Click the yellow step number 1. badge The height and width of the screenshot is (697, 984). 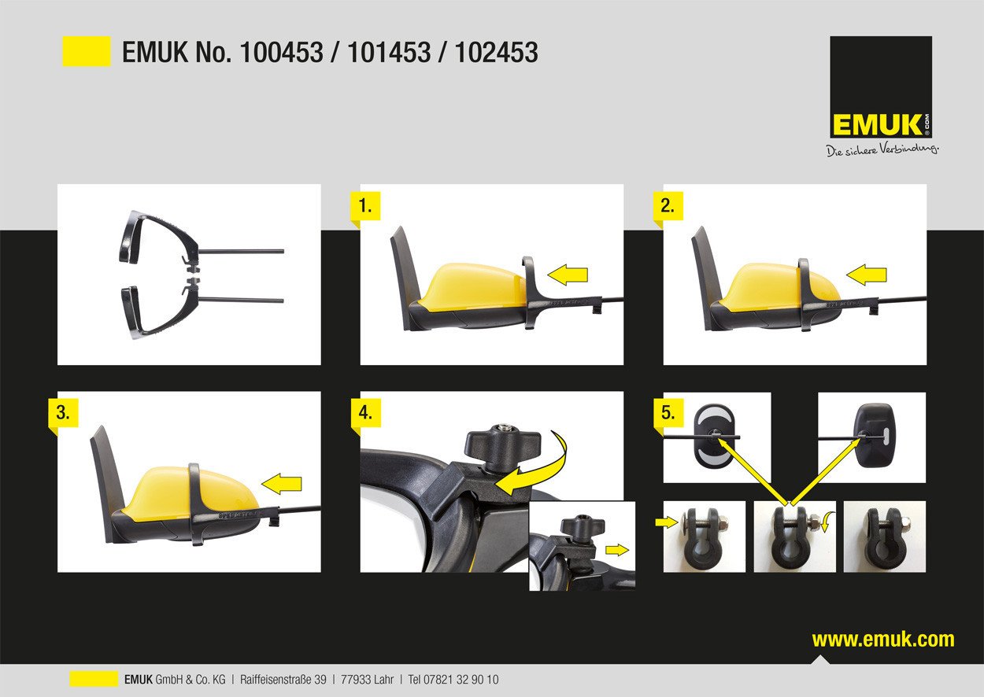coord(365,206)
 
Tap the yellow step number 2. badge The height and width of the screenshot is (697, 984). coord(668,206)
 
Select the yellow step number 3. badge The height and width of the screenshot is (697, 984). coord(63,413)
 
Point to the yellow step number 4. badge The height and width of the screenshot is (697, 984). coord(365,413)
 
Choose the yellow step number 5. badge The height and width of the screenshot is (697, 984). coord(668,413)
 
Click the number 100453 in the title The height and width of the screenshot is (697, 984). coord(282,52)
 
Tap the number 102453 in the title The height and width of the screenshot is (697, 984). coord(497,52)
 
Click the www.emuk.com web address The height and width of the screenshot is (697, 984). coord(883,640)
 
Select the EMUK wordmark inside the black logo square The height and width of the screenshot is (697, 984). coord(876,125)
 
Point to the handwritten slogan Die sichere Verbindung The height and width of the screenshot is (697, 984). coord(882,150)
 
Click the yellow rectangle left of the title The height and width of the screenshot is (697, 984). coord(87,51)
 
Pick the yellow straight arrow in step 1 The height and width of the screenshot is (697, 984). coord(568,275)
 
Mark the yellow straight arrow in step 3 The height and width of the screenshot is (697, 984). coord(282,484)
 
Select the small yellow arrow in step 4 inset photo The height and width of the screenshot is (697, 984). coord(617,550)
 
